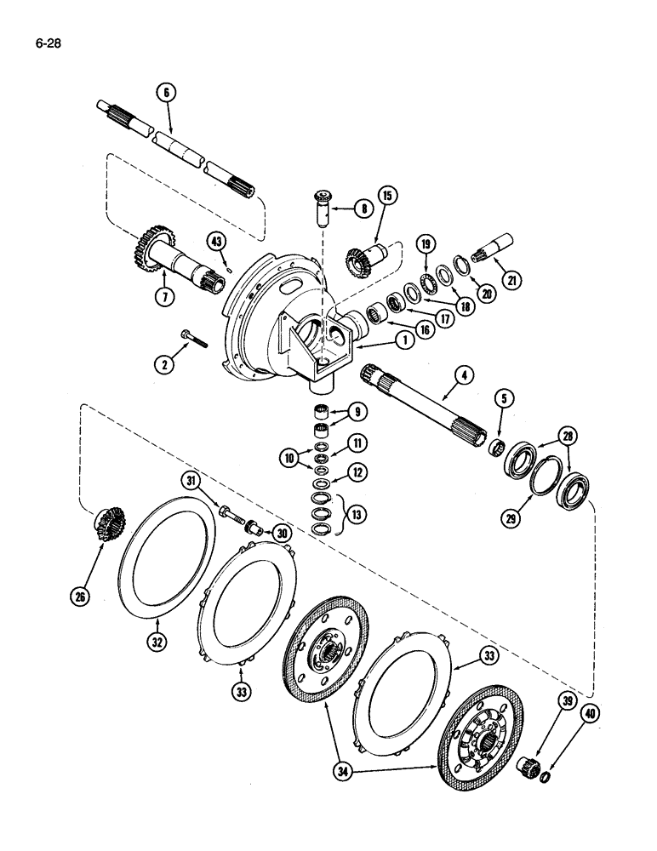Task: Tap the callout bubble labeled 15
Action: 388,197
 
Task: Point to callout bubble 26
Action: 79,597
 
